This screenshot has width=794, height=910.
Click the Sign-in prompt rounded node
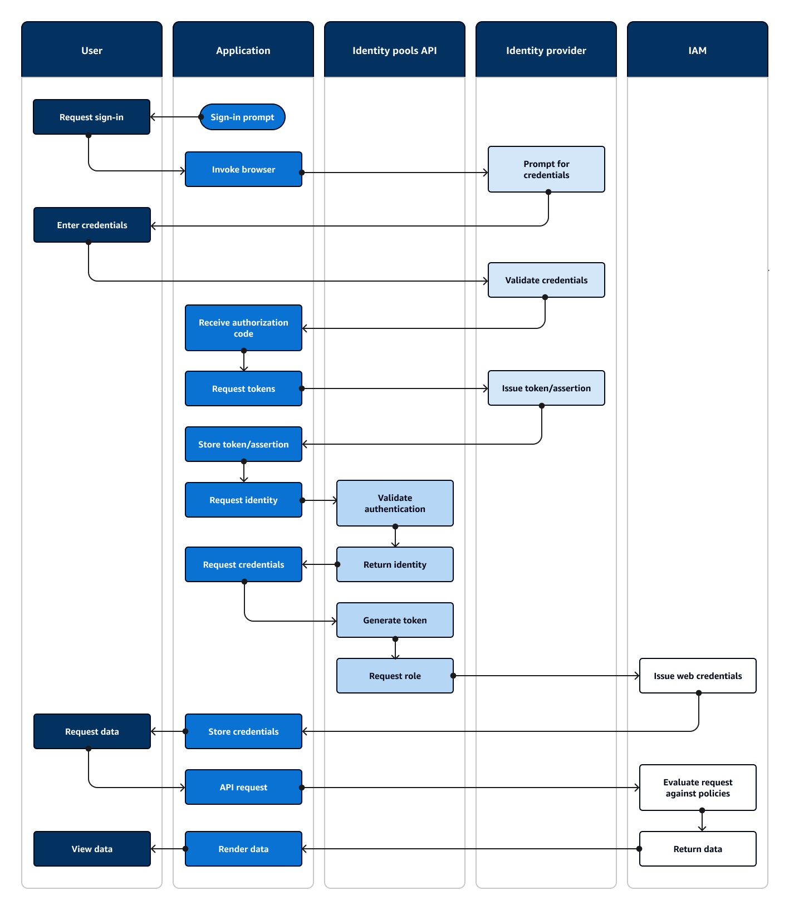click(x=242, y=117)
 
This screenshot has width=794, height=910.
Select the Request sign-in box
click(x=91, y=117)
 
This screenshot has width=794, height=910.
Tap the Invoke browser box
click(x=243, y=169)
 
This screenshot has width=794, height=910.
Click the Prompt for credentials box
click(x=546, y=169)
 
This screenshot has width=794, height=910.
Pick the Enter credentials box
click(x=92, y=225)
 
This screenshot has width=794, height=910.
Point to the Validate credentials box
click(x=546, y=280)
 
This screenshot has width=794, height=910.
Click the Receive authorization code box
click(x=243, y=328)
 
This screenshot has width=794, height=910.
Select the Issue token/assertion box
click(x=546, y=388)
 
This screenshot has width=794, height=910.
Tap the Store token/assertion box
click(x=243, y=444)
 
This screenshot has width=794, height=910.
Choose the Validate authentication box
click(x=394, y=503)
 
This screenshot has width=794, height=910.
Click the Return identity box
click(x=394, y=564)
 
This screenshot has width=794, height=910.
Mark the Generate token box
click(x=394, y=620)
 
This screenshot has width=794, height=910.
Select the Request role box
click(x=394, y=676)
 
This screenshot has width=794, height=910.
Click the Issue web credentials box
click(x=697, y=676)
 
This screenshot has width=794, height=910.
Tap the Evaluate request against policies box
click(x=697, y=788)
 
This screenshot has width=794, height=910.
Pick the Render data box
click(x=243, y=849)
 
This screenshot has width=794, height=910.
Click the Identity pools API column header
click(x=394, y=50)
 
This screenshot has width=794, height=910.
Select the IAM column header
click(x=697, y=50)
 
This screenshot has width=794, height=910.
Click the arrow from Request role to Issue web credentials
click(x=546, y=676)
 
